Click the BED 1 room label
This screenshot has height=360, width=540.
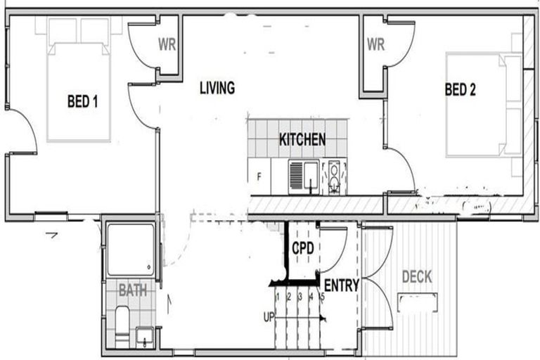coord(82,102)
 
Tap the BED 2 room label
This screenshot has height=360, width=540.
coord(461,89)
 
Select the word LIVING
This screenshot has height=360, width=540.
coord(217,89)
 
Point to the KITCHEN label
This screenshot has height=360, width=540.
coord(302,139)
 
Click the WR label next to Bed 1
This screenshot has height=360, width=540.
coord(167,45)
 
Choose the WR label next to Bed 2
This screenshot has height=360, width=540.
coord(375,45)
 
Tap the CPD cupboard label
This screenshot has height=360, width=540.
coord(303,249)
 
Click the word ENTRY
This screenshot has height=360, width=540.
coord(341,285)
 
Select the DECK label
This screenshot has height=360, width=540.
coord(417,277)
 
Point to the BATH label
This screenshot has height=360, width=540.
coord(132,290)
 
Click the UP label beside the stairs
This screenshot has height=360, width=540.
coord(269,317)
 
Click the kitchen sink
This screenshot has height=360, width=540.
coord(304,176)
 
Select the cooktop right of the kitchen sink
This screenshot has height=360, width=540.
coord(334,178)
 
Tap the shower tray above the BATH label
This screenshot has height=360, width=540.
coord(130,250)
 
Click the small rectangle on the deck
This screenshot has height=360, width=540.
coord(417,303)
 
